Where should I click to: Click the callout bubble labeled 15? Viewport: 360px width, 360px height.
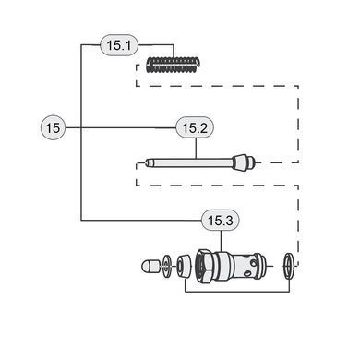[x=53, y=127]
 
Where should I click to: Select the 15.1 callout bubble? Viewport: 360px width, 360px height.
[x=119, y=45]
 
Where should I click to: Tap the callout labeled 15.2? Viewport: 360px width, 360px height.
[x=195, y=127]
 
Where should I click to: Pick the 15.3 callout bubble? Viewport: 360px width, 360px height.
[x=221, y=221]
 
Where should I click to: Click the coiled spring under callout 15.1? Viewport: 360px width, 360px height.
[x=172, y=66]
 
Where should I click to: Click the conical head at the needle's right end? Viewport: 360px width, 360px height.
[x=240, y=162]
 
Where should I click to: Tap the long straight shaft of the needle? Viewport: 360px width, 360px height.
[x=192, y=162]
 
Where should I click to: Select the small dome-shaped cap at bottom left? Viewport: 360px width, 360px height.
[x=150, y=265]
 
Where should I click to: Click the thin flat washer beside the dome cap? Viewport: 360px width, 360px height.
[x=166, y=265]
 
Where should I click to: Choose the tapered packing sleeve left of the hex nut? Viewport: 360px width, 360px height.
[x=184, y=265]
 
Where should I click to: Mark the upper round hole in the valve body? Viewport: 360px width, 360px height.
[x=253, y=263]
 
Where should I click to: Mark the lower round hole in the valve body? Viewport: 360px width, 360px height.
[x=246, y=273]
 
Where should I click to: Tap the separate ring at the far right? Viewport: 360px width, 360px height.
[x=289, y=266]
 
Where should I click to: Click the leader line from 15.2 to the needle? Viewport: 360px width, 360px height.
[x=196, y=148]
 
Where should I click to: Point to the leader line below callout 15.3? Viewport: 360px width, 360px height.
[x=222, y=241]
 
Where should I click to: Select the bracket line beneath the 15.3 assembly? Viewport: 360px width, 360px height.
[x=237, y=292]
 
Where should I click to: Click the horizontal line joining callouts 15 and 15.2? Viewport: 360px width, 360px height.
[x=120, y=127]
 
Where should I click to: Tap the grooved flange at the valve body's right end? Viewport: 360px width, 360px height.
[x=260, y=265]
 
